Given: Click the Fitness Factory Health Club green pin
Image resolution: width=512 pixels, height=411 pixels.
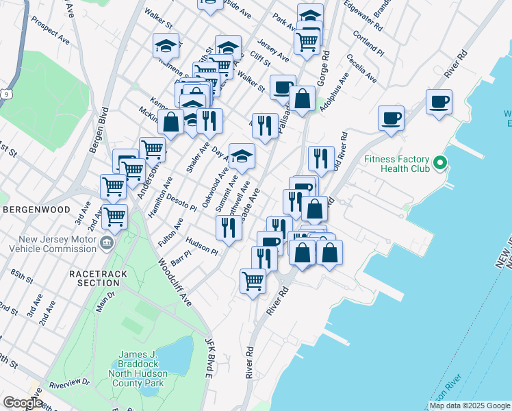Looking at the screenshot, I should click(441, 164).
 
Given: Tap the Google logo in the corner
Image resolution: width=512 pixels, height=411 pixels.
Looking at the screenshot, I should click(22, 403).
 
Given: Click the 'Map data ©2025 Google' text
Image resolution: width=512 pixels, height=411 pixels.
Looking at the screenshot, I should click(469, 406).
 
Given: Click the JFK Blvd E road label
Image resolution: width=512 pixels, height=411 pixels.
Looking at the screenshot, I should click(209, 357).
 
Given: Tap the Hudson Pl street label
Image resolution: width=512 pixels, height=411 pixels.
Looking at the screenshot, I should click(202, 247).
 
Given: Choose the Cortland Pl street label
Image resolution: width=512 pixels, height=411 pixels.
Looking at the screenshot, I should click(370, 42).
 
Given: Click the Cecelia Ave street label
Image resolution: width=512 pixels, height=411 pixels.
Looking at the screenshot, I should click(361, 68).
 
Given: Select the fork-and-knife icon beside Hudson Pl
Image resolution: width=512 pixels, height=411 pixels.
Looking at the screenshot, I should click(228, 228).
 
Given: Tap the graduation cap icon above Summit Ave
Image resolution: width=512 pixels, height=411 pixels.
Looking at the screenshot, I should click(241, 156).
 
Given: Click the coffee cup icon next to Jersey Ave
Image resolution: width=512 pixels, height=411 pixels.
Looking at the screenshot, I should click(283, 87).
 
